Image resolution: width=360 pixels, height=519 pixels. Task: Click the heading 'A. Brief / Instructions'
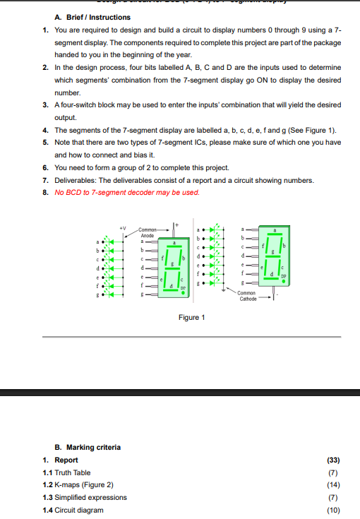[92, 17]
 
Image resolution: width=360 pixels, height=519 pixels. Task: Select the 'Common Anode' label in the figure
[148, 232]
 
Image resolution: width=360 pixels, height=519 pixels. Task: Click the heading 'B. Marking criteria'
[88, 447]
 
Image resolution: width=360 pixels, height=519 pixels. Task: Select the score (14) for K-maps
[334, 485]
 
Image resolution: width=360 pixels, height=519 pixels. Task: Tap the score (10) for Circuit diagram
[334, 510]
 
